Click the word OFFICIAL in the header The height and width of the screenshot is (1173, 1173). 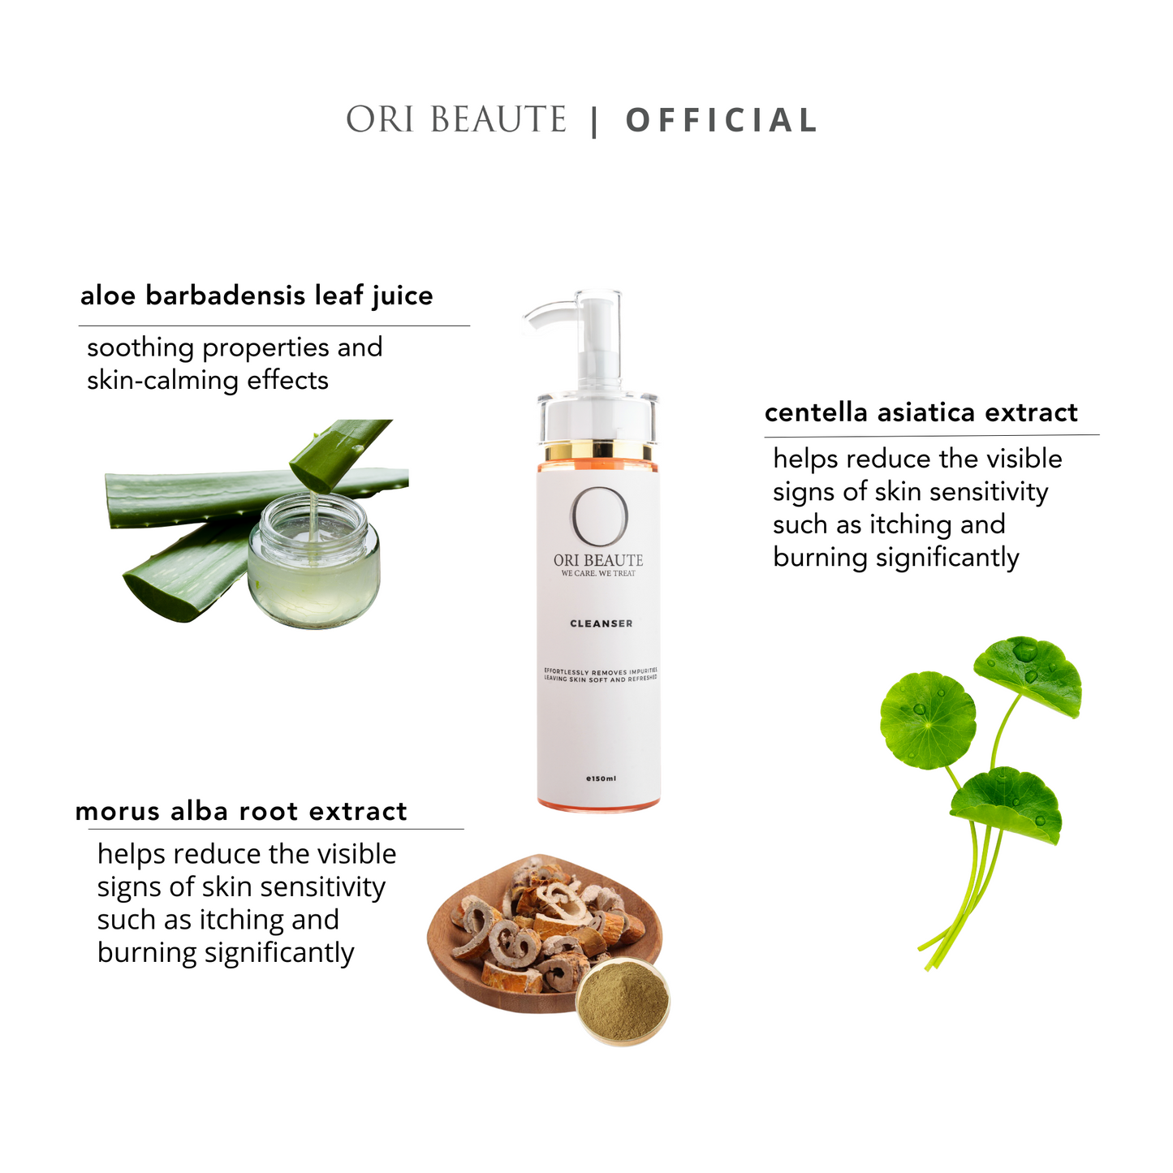tap(721, 121)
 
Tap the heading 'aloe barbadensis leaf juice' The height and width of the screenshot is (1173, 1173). tap(257, 295)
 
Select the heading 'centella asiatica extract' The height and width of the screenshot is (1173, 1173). tap(921, 412)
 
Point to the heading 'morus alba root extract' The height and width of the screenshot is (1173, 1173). tap(241, 811)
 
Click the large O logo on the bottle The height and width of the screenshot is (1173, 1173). tap(599, 517)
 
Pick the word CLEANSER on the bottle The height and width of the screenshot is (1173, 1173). tap(601, 623)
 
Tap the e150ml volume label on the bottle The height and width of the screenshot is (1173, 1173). tap(601, 778)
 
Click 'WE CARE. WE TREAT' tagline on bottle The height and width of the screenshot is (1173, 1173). tap(598, 573)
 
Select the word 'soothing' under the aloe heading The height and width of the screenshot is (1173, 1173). tap(140, 347)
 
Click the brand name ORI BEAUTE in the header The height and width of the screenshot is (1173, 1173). tap(456, 120)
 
